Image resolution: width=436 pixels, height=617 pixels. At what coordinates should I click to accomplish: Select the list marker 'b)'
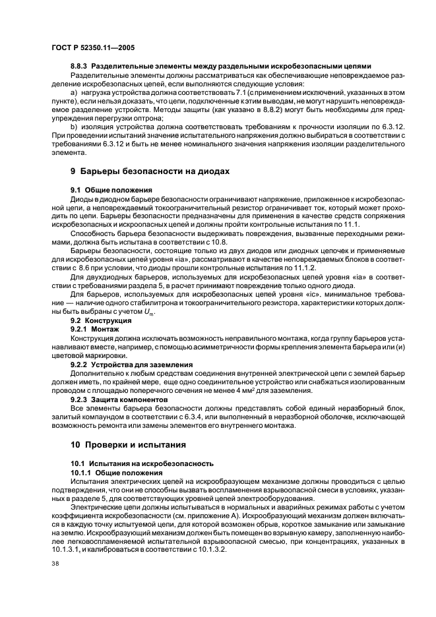click(x=73, y=125)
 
